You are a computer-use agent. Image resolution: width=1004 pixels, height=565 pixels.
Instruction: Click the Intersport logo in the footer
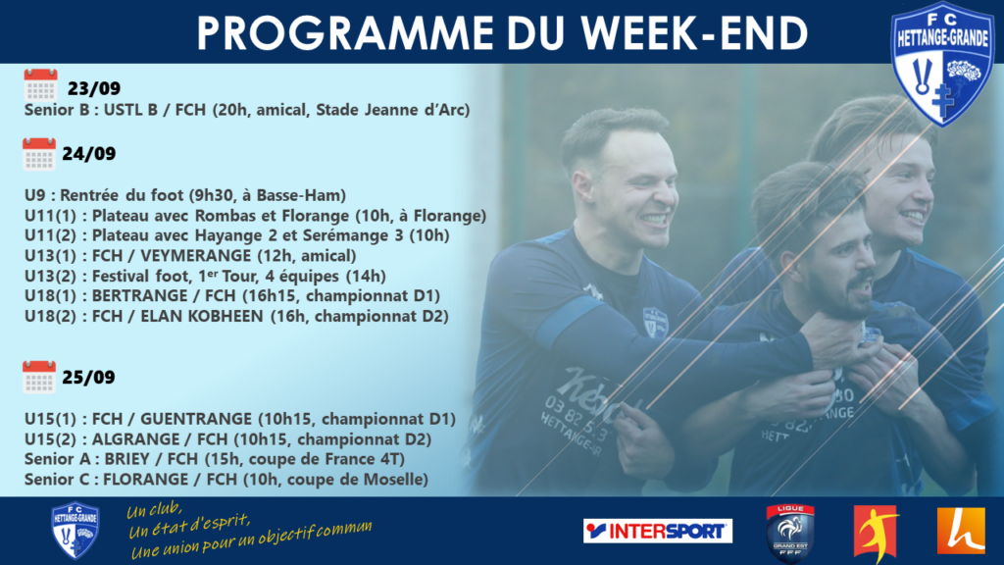[x=658, y=531]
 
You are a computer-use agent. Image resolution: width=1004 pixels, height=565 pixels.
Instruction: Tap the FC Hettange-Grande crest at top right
[x=942, y=64]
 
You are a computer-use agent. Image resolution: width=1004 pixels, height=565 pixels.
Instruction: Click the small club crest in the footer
[x=75, y=531]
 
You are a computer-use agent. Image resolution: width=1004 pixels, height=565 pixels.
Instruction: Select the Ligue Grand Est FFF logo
[x=790, y=533]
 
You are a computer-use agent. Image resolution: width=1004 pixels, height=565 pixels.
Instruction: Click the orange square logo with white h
[x=961, y=531]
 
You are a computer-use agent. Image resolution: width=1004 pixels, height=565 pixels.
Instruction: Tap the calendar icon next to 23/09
[x=40, y=85]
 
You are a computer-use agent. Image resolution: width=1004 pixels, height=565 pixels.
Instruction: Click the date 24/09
[x=89, y=154]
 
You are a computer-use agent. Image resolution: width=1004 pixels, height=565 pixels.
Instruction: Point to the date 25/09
[x=89, y=378]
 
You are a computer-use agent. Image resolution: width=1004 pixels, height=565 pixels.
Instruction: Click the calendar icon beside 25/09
[x=39, y=377]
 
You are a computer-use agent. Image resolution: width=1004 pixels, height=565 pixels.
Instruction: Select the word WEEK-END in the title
[x=695, y=32]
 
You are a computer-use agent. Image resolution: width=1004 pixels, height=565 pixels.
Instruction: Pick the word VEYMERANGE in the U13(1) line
[x=195, y=256]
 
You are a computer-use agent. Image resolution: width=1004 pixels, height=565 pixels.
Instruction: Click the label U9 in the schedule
[x=35, y=195]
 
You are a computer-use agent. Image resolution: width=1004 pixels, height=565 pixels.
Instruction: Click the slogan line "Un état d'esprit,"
[x=189, y=526]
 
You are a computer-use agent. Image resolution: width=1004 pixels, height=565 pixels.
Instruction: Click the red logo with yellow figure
[x=876, y=533]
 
